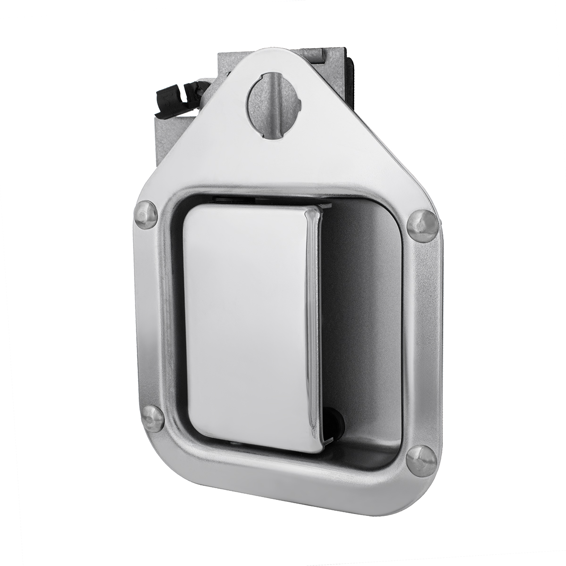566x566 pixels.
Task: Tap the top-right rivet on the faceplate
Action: (421, 225)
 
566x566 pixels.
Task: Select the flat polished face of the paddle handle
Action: (245, 321)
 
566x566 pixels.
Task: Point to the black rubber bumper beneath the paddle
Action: (332, 417)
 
